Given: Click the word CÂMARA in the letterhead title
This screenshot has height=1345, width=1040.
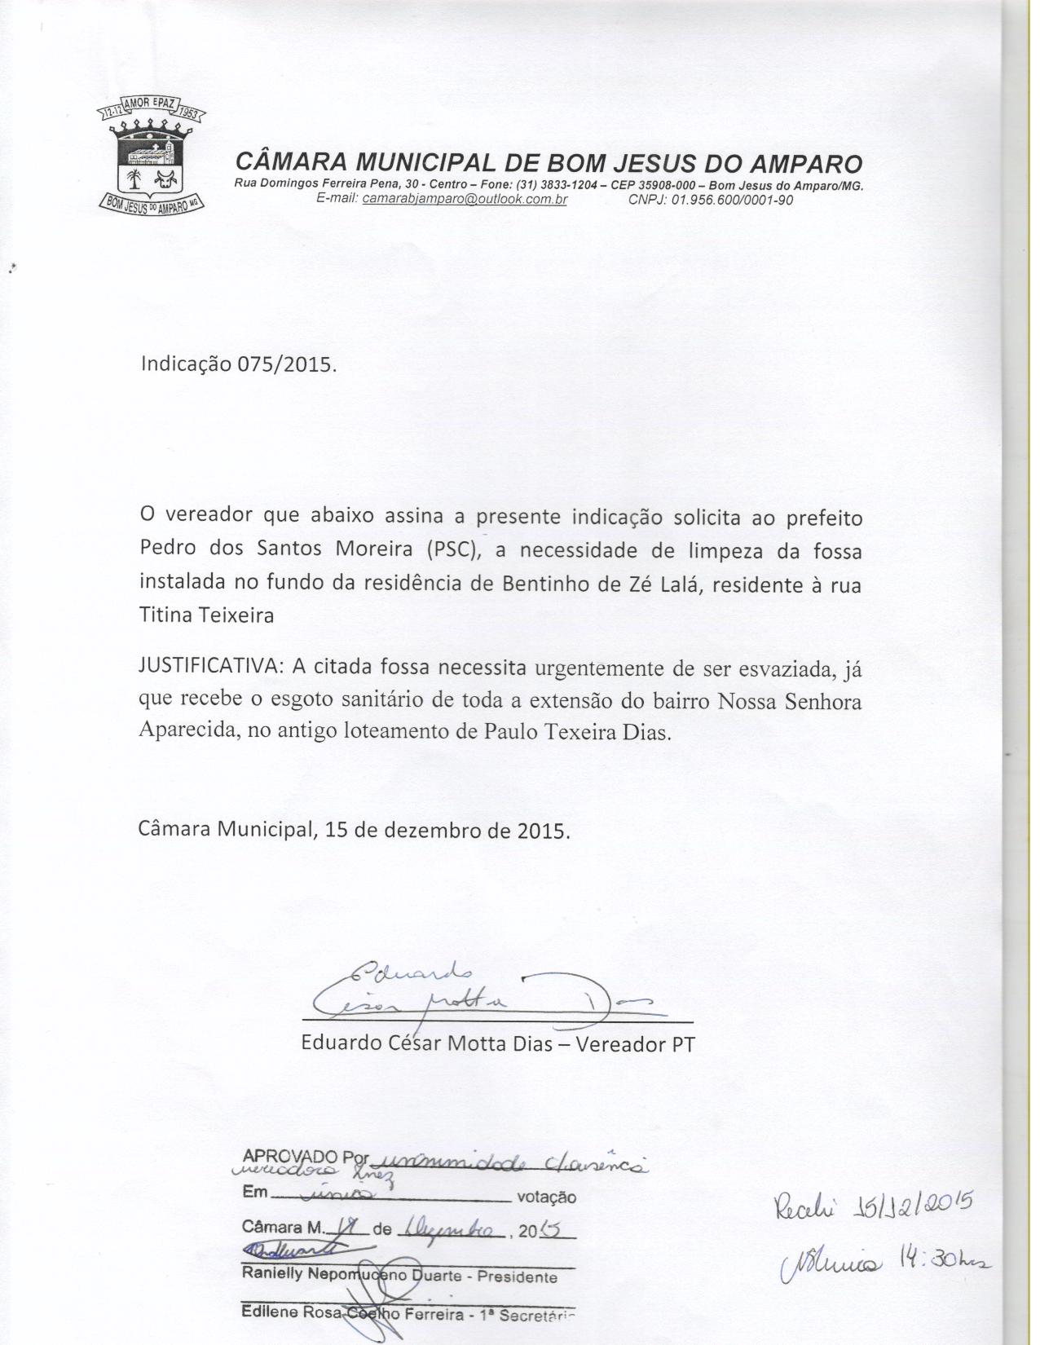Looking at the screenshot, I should click(x=288, y=162).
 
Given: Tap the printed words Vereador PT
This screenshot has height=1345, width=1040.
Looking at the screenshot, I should click(x=635, y=1044).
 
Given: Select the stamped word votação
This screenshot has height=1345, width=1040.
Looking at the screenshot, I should click(x=546, y=1197).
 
